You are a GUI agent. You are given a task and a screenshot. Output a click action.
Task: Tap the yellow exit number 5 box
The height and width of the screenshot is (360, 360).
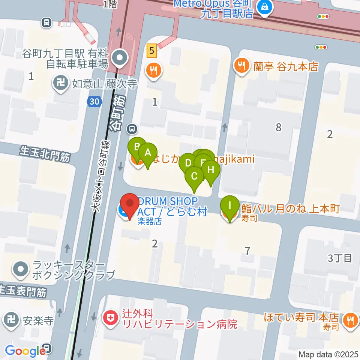[x=151, y=50]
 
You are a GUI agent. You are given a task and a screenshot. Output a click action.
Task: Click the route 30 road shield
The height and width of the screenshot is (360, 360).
[x=94, y=101]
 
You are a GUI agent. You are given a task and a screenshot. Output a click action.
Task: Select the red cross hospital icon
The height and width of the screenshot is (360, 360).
[x=110, y=318]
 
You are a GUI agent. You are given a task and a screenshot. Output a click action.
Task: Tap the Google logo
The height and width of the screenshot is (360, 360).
[x=25, y=351]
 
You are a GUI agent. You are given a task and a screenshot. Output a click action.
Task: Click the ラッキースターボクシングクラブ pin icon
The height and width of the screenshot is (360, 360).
[x=20, y=269]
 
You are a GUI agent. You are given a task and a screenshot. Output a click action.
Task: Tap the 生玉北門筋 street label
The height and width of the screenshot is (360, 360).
[x=45, y=154]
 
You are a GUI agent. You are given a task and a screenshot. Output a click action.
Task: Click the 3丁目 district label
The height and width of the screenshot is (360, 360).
[x=340, y=258]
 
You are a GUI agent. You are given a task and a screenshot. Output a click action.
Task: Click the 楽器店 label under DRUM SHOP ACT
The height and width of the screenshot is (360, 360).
[x=149, y=221]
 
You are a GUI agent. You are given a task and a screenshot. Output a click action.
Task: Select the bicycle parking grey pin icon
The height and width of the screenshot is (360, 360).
[x=121, y=58]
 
